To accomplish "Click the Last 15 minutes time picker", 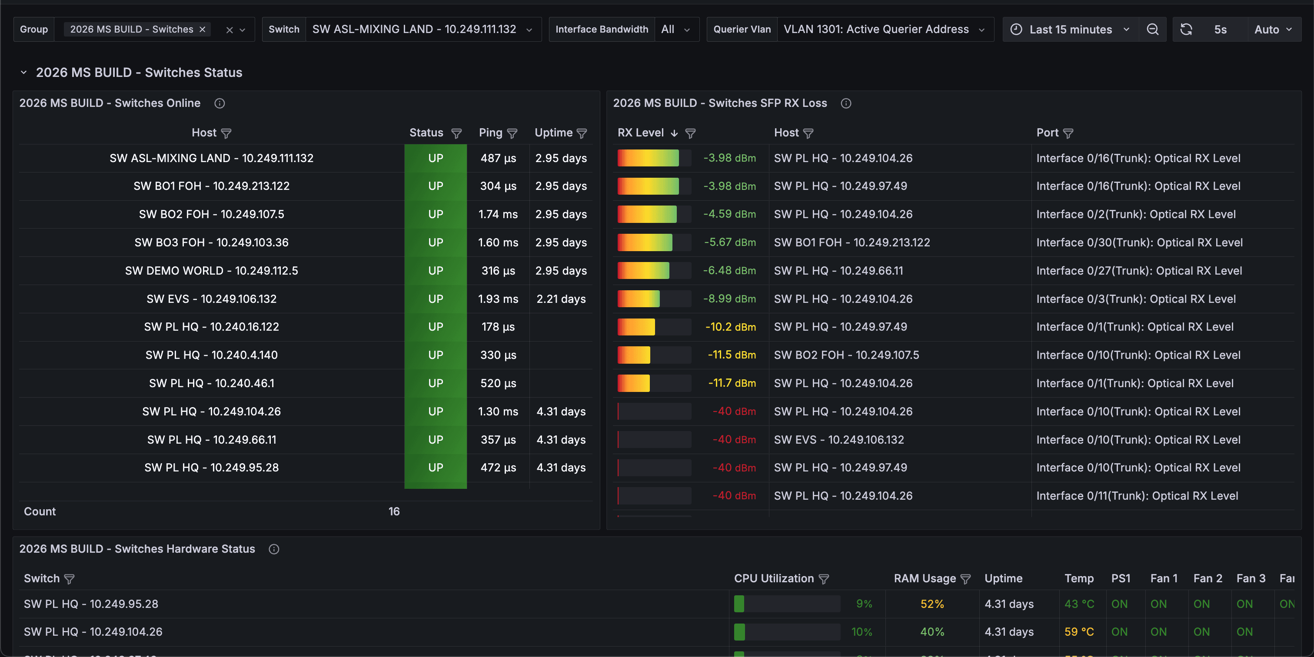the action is pos(1070,30).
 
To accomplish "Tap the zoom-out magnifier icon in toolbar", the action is pos(1152,30).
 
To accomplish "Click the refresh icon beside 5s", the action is pos(1186,30).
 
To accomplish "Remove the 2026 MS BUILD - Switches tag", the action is pos(203,30).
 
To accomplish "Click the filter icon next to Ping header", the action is pos(512,133).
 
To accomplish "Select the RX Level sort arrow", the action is pos(674,133).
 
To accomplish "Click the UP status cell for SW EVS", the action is pos(436,299).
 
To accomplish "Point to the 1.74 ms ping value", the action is pos(498,214).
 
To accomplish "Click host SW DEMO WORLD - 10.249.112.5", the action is pos(212,271).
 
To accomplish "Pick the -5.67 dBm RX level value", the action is pos(730,242).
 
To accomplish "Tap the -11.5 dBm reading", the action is pos(732,355).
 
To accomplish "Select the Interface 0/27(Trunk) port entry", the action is pos(1139,271).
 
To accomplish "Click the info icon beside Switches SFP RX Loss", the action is pos(846,103).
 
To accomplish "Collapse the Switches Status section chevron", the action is pos(23,73).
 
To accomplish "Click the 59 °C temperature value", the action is pos(1079,632).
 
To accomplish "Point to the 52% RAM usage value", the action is pos(932,604).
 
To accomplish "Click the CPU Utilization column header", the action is pos(774,578).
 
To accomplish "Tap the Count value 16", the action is pos(394,511).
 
